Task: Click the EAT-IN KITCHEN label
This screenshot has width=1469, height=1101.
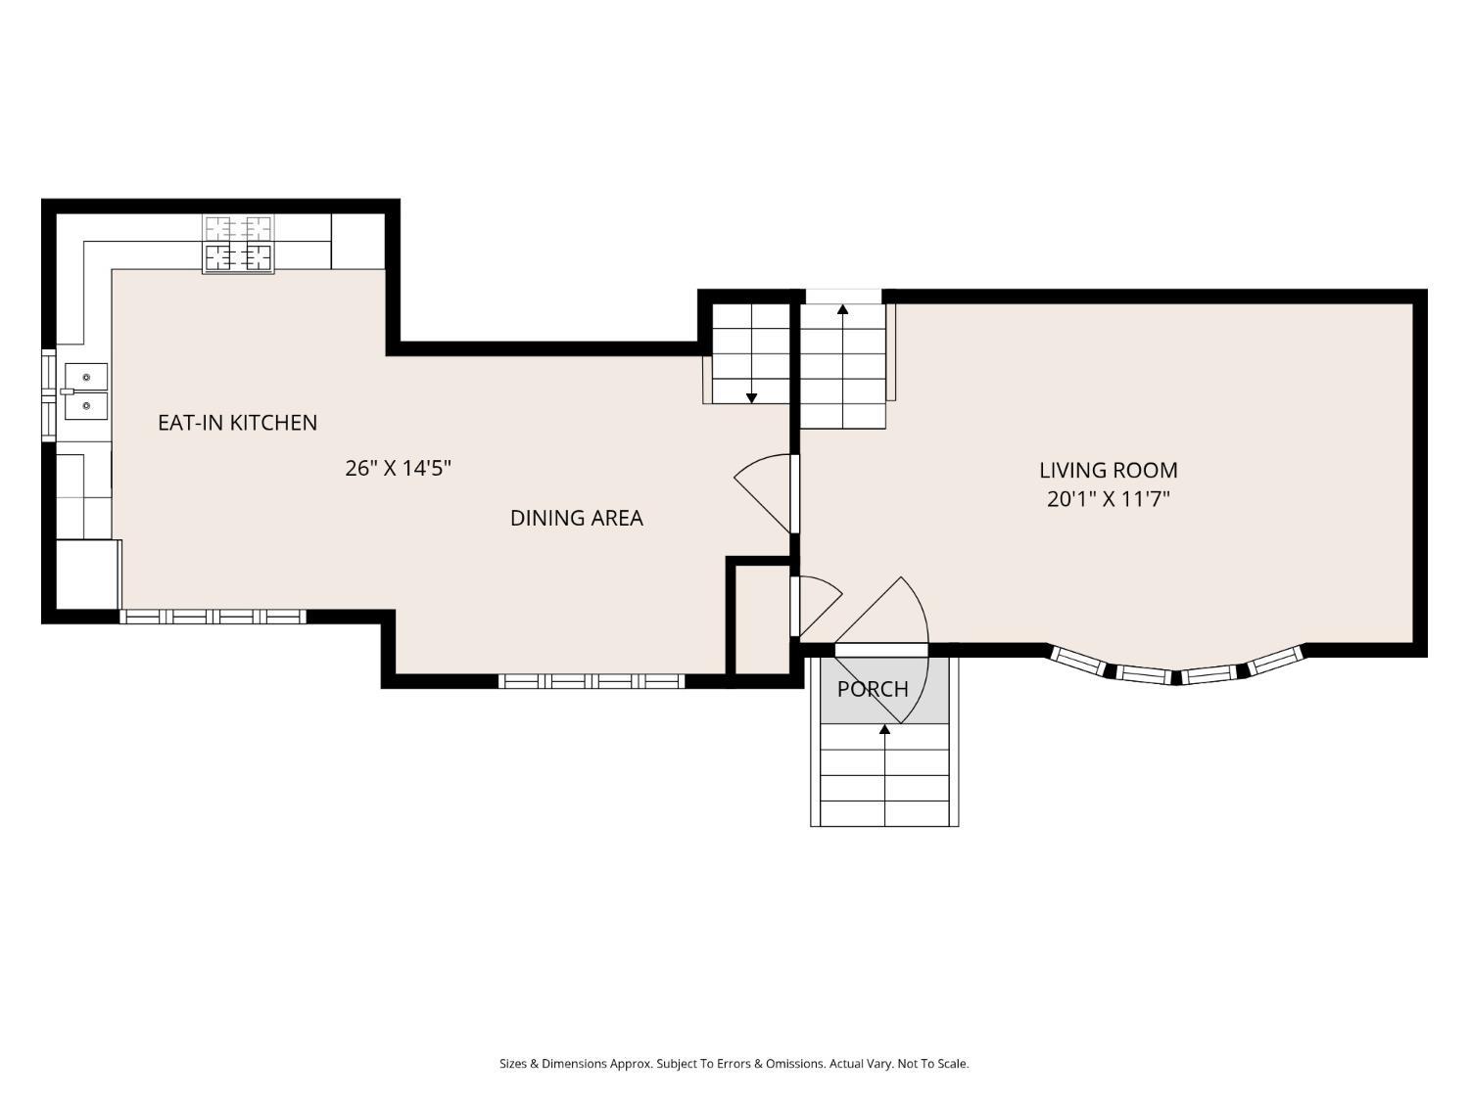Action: [237, 423]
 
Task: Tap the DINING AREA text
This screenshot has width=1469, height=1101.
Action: [576, 518]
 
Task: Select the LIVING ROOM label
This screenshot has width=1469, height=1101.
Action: [1108, 470]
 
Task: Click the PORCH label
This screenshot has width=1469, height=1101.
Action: [873, 689]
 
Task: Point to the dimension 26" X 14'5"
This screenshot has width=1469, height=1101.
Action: [398, 468]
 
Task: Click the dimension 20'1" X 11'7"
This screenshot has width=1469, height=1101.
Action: [1108, 499]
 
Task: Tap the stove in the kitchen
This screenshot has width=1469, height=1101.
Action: [238, 244]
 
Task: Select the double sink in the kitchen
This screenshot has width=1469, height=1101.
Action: [86, 390]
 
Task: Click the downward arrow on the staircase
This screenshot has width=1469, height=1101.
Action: [751, 396]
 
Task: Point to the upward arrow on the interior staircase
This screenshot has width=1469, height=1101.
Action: [842, 311]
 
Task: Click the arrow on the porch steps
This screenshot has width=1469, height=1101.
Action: [884, 730]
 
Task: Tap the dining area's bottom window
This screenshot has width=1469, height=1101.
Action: [592, 681]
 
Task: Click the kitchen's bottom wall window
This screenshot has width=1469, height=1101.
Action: [213, 617]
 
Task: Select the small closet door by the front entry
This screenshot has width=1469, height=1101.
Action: [815, 603]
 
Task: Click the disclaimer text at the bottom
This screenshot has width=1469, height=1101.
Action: [734, 1063]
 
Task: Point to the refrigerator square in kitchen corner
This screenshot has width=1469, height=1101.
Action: [87, 573]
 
